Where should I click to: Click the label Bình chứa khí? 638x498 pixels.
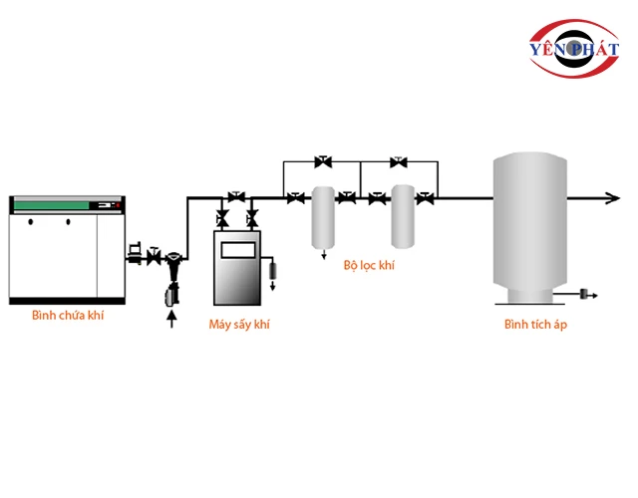[x=68, y=316]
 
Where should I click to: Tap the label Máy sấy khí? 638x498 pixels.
[x=239, y=324]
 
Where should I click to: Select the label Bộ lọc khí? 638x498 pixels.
[x=369, y=266]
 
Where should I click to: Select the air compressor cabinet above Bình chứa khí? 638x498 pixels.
[x=69, y=249]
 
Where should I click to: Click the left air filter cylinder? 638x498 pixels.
[x=322, y=216]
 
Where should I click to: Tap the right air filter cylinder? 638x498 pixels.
[x=403, y=216]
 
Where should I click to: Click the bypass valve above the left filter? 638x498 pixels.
[x=322, y=160]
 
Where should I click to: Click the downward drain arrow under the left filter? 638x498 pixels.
[x=322, y=254]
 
